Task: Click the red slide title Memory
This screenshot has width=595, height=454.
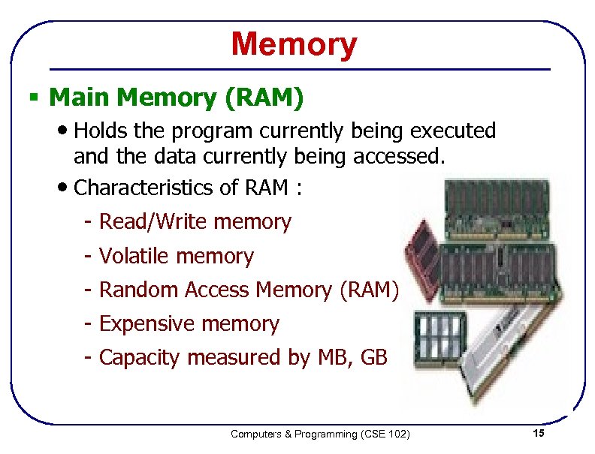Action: [294, 44]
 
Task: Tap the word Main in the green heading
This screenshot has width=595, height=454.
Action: [80, 98]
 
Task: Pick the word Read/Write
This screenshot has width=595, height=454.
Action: [153, 222]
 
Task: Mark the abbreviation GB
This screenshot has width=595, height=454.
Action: [374, 358]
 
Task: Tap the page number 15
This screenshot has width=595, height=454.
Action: [538, 434]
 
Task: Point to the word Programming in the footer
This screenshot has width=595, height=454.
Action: [321, 434]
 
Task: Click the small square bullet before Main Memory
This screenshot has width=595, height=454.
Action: [33, 98]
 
